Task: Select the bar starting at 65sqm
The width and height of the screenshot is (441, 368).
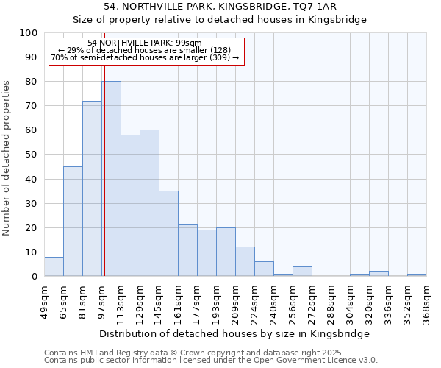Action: (73, 221)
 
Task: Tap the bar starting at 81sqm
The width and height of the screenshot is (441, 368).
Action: (92, 188)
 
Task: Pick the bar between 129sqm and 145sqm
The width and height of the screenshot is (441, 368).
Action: (149, 203)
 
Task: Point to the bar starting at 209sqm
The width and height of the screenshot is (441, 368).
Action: (245, 261)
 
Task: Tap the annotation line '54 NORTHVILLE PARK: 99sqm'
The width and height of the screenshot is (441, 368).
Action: (144, 43)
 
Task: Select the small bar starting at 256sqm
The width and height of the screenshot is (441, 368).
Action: (302, 272)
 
